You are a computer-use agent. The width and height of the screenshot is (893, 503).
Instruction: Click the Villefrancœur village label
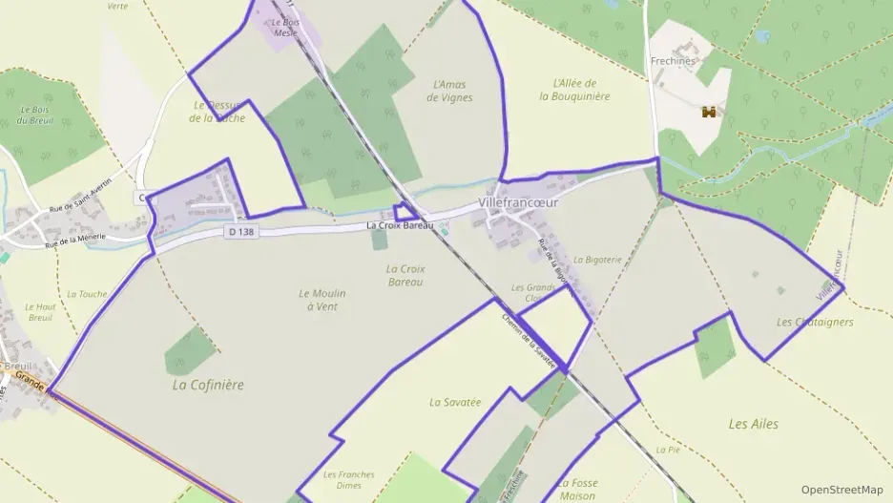[517, 203]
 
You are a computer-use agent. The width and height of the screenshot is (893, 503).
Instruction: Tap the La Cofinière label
[208, 386]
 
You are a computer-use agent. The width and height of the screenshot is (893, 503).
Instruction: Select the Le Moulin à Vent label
[322, 300]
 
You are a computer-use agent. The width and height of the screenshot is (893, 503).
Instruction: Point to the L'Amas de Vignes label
[452, 91]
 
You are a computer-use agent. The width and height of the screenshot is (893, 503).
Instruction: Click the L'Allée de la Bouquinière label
[574, 90]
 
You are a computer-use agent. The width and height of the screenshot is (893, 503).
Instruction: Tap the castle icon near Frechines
[709, 112]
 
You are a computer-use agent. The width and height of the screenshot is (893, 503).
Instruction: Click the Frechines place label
[673, 61]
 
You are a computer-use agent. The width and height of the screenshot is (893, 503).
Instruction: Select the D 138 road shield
[242, 232]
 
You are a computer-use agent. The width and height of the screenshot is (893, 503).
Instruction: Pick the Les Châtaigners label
[815, 322]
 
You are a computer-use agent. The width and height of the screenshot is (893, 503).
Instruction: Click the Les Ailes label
[753, 424]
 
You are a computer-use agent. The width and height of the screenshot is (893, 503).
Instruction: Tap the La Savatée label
[454, 402]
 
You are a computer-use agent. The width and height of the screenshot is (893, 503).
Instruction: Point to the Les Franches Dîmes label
[348, 480]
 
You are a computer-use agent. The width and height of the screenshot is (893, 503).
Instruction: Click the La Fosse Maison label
[577, 490]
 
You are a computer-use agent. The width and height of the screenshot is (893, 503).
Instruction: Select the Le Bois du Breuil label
[34, 115]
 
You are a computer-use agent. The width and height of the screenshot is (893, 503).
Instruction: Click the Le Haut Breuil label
[40, 312]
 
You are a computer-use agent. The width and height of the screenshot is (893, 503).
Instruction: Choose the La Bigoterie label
[597, 259]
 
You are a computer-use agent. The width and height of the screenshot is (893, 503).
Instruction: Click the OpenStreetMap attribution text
[841, 490]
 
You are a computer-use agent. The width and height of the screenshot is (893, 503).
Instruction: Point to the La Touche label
[87, 294]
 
